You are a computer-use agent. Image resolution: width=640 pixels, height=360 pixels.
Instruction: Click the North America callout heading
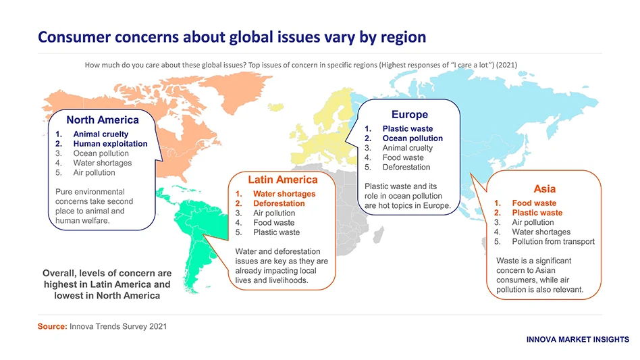(102, 120)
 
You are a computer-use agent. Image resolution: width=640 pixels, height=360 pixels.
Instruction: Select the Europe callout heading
(409, 114)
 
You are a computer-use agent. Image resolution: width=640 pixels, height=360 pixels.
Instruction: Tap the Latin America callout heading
(282, 180)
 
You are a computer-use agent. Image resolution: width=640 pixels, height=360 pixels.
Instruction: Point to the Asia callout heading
(544, 188)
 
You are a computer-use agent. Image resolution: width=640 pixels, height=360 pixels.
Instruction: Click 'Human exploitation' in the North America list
(110, 144)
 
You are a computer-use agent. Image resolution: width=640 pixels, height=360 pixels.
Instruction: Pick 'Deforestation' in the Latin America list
(278, 203)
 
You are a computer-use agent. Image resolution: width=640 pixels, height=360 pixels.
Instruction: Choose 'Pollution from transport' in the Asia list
(553, 241)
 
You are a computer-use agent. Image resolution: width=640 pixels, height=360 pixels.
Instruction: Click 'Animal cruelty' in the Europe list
(407, 148)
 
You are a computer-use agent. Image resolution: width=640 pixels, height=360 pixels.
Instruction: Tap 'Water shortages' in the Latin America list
(284, 194)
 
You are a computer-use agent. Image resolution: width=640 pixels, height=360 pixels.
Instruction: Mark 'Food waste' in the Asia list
(534, 203)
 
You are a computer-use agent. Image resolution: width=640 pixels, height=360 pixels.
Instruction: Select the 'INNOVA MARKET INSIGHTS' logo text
(577, 339)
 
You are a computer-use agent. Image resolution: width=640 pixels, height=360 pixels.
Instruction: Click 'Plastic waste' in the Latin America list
(276, 232)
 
